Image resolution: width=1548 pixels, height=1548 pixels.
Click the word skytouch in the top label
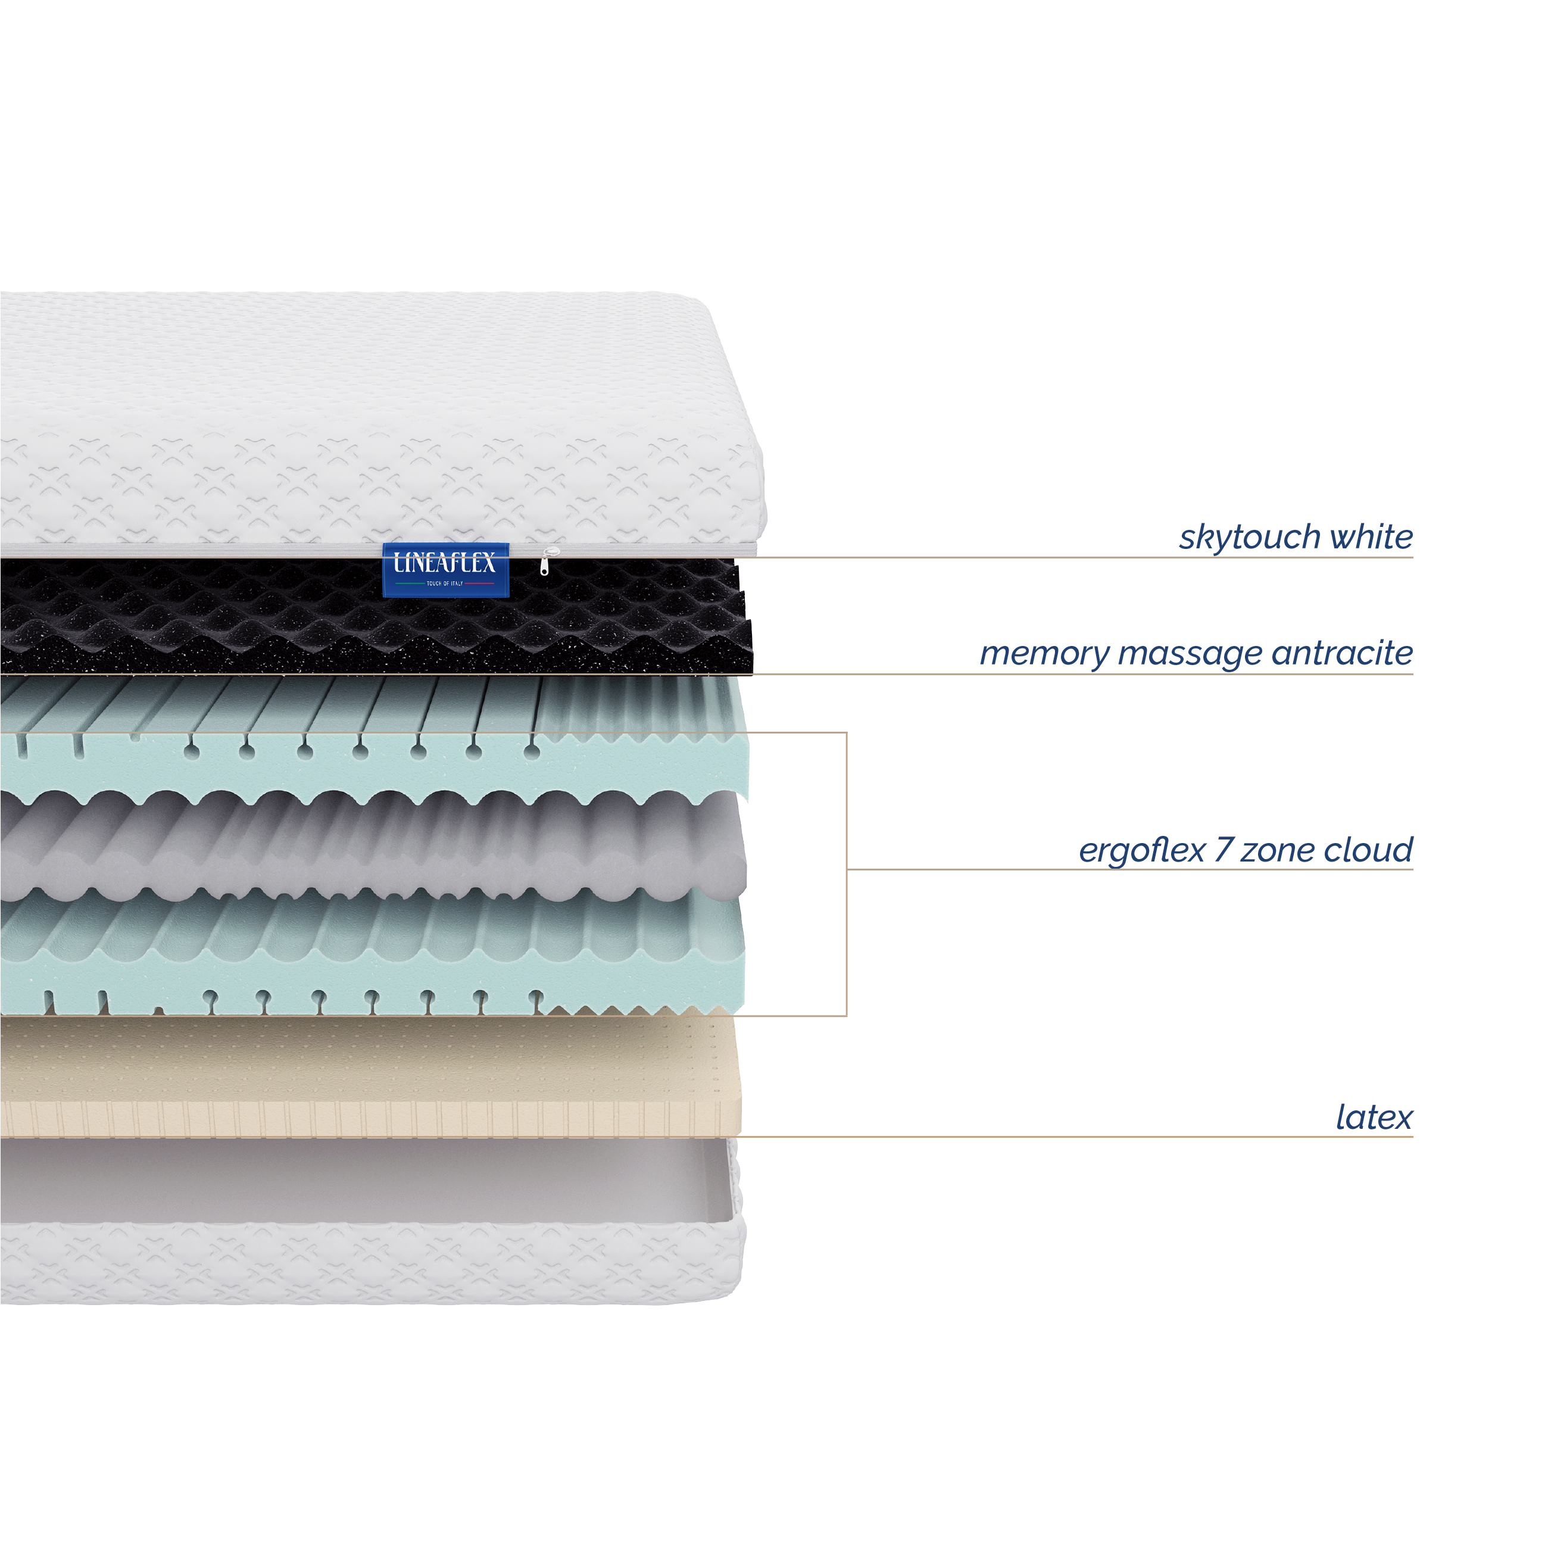pyautogui.click(x=1250, y=537)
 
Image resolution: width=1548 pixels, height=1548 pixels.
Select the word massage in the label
pyautogui.click(x=1190, y=654)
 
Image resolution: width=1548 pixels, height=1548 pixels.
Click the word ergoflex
pyautogui.click(x=1142, y=850)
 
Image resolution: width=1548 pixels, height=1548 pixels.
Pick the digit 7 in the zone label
pyautogui.click(x=1224, y=850)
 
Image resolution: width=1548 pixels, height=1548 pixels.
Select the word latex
pyautogui.click(x=1374, y=1117)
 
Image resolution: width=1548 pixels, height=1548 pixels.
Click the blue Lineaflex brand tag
pyautogui.click(x=445, y=570)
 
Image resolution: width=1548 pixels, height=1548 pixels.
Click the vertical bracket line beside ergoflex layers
pyautogui.click(x=847, y=874)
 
